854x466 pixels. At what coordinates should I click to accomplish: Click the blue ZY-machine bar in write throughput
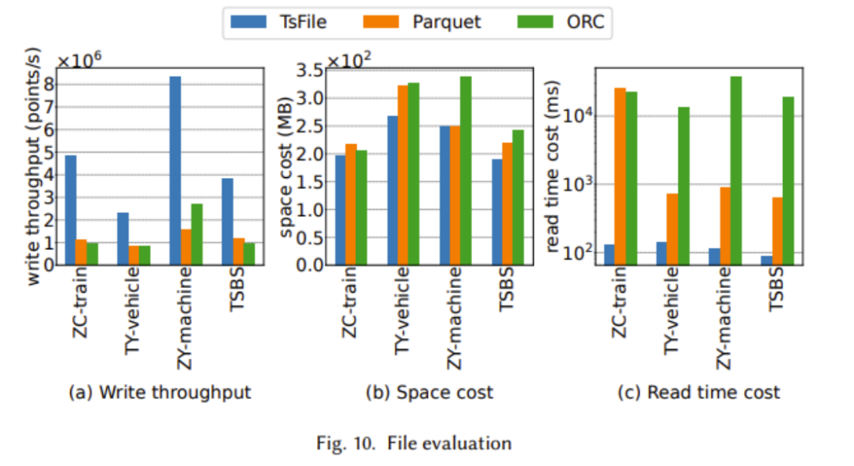pos(176,170)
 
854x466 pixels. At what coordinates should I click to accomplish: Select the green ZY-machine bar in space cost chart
pos(466,170)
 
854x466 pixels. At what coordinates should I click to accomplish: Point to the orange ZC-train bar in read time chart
pos(620,175)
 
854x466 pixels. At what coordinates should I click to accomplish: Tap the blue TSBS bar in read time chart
pos(766,260)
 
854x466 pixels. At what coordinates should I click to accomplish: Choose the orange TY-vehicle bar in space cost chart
pos(403,174)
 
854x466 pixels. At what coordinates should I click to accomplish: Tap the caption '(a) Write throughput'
pos(160,392)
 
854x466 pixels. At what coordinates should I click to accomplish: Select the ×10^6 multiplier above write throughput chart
pos(79,61)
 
